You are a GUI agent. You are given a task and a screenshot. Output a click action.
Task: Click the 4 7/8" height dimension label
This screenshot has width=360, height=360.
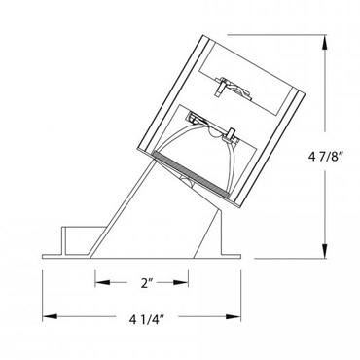coord(326,158)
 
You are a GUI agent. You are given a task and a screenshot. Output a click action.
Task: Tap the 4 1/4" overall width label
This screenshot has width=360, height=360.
coord(146,320)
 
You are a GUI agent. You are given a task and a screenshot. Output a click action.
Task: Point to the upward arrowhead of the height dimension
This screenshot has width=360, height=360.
coord(324,42)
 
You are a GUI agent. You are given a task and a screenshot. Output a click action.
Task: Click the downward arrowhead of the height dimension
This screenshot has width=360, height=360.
coord(324,251)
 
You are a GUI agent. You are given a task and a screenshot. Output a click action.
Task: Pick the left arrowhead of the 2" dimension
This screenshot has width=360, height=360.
coord(102,282)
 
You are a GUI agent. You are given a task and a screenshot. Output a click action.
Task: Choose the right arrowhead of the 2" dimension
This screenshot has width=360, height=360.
coord(181,282)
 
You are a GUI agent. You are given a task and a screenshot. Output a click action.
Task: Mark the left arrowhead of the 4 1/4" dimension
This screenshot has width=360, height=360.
coord(50,316)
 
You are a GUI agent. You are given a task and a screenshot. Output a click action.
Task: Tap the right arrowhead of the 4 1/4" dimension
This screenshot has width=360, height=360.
coord(234,316)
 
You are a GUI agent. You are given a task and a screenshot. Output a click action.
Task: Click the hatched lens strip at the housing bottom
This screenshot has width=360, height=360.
coord(191,174)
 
